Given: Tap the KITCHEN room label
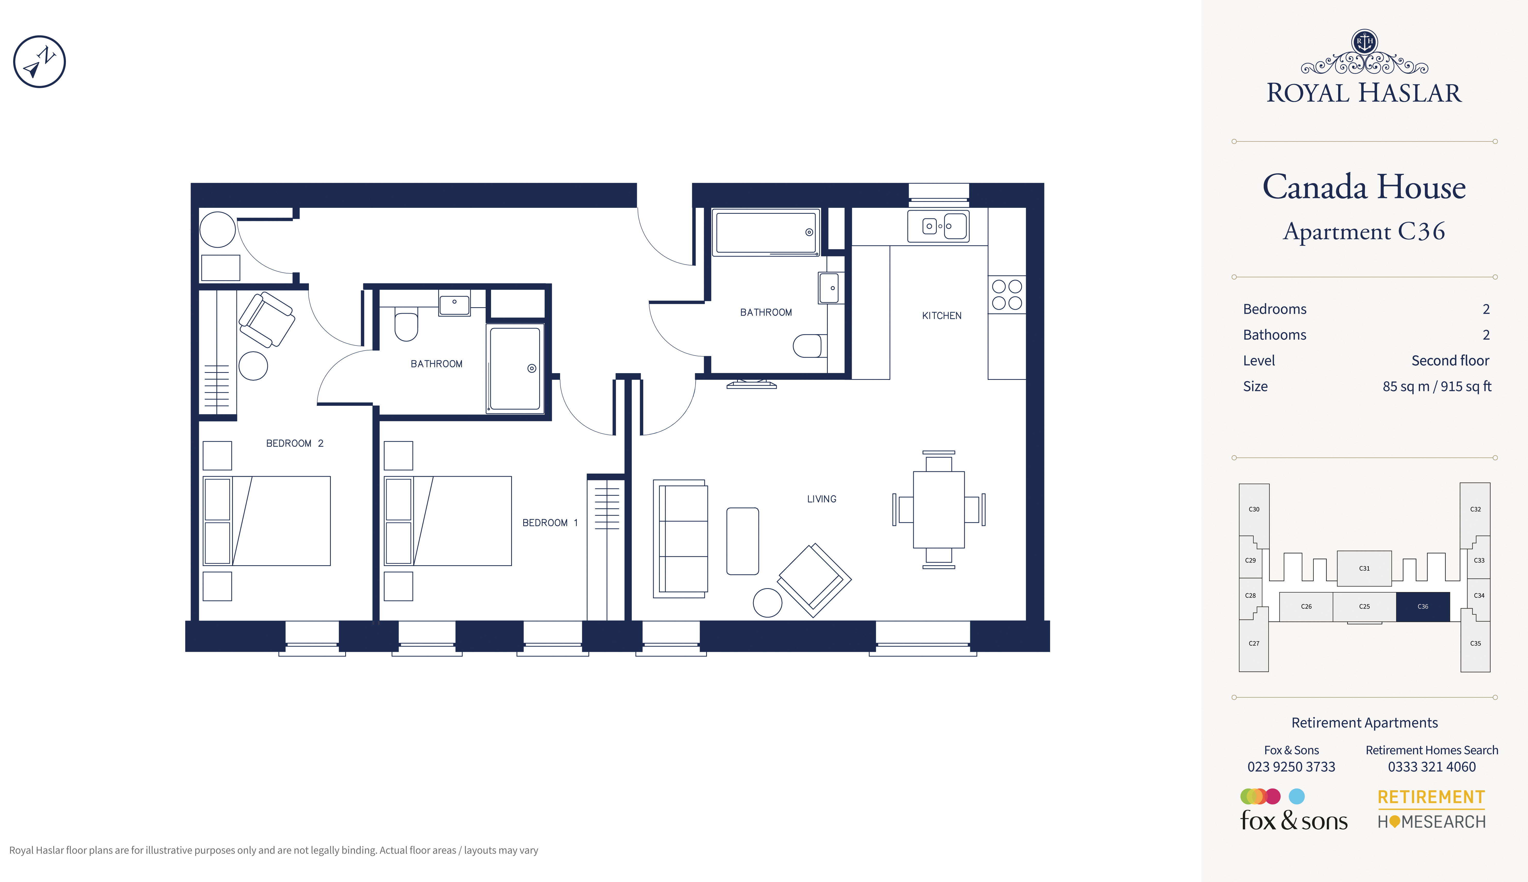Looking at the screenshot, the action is [x=942, y=316].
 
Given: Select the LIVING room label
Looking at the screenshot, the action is [x=822, y=499].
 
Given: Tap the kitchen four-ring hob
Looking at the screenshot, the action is [x=1007, y=294].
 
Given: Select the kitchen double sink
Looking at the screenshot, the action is [x=939, y=226].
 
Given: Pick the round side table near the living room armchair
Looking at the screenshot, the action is [x=768, y=603].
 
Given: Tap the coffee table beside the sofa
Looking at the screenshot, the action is [x=743, y=541].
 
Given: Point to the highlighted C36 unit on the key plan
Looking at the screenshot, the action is [x=1423, y=606].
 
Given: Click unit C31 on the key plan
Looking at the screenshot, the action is [x=1364, y=568].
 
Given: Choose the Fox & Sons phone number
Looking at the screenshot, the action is [x=1291, y=767].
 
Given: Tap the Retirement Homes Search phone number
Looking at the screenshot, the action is [x=1432, y=767].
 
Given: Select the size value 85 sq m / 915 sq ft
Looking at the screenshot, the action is [x=1437, y=387].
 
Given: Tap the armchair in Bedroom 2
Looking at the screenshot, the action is [x=267, y=319].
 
